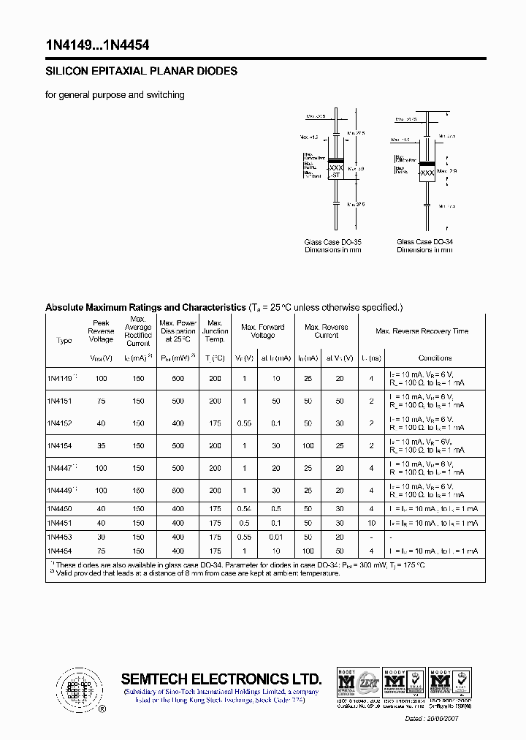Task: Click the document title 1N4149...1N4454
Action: pyautogui.click(x=97, y=45)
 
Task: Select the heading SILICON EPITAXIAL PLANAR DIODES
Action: pyautogui.click(x=141, y=72)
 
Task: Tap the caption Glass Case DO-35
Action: pyautogui.click(x=332, y=242)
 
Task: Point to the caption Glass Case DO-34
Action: pyautogui.click(x=424, y=242)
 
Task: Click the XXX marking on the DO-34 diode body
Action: pyautogui.click(x=427, y=174)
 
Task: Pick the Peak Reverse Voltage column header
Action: pyautogui.click(x=101, y=331)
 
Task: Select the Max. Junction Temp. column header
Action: pyautogui.click(x=215, y=331)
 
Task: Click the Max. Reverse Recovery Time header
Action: pyautogui.click(x=422, y=331)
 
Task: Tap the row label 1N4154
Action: pyautogui.click(x=60, y=446)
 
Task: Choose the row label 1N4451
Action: pyautogui.click(x=60, y=523)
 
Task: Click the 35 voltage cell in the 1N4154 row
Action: pyautogui.click(x=101, y=446)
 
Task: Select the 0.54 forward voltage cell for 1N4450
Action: pyautogui.click(x=245, y=508)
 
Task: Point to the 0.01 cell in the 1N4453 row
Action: pyautogui.click(x=276, y=537)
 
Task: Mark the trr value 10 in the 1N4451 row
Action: pyautogui.click(x=372, y=523)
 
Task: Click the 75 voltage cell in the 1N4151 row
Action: pyautogui.click(x=101, y=401)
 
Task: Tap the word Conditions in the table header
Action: pyautogui.click(x=435, y=358)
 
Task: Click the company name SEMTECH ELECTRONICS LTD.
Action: pyautogui.click(x=221, y=678)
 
